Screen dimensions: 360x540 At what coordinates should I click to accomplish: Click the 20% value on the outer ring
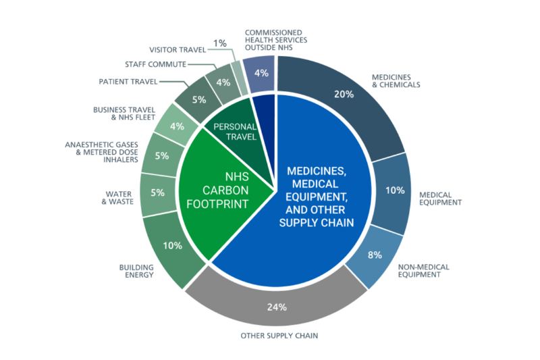pos(344,94)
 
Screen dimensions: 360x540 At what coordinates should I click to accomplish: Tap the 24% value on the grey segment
pos(277,307)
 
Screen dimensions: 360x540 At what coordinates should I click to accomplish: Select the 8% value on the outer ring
pos(375,255)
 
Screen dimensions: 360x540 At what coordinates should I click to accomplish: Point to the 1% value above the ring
pos(219,43)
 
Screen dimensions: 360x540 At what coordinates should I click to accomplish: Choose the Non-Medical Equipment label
pos(424,271)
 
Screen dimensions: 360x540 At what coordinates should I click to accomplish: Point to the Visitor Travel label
pos(178,49)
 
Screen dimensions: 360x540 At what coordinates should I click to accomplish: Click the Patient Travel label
pos(129,81)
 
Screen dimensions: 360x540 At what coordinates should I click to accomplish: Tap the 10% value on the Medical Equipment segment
pos(394,190)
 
